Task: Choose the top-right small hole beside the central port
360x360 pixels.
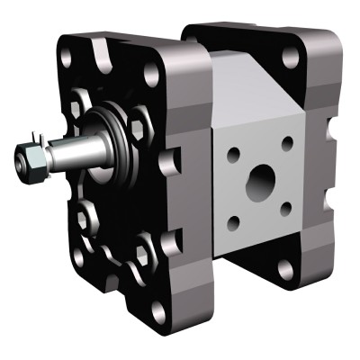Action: point(287,142)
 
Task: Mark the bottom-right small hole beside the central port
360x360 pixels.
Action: point(285,210)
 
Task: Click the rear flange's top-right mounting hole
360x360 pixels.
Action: point(291,56)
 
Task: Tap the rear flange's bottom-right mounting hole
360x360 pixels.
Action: point(287,267)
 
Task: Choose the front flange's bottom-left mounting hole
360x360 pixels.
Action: point(79,256)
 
